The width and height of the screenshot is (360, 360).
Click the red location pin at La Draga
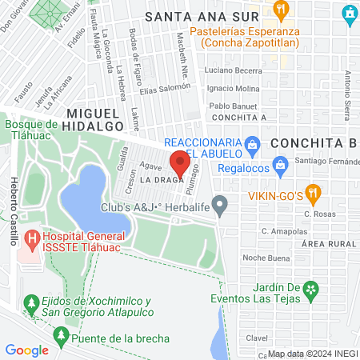[x=179, y=164]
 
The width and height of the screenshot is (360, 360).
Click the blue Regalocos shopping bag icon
[x=279, y=167]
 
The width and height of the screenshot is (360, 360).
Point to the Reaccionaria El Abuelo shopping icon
[x=253, y=144]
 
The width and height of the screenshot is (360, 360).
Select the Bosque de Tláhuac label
[x=30, y=130]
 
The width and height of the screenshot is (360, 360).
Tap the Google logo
[x=26, y=350]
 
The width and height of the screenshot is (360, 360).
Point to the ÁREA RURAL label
[x=328, y=242]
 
